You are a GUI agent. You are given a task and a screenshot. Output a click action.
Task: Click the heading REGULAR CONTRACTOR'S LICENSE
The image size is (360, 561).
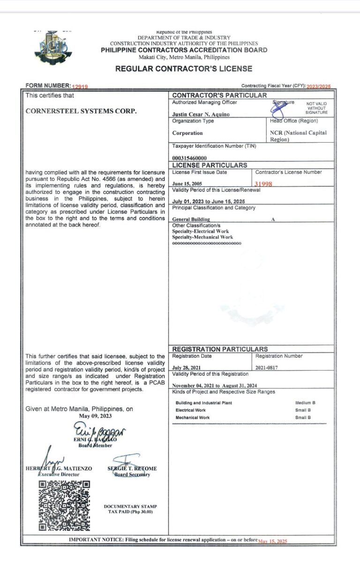[x=184, y=69]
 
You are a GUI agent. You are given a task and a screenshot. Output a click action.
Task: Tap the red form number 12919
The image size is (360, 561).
[x=80, y=86]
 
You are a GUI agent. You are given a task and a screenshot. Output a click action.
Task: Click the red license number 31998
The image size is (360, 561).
[x=263, y=184]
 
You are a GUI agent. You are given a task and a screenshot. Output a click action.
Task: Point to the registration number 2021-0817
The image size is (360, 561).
[x=267, y=367]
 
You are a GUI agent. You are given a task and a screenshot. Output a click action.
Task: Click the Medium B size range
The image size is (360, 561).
[x=305, y=403]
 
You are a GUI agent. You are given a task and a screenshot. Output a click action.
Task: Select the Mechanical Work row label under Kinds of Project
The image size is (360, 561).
[x=193, y=417]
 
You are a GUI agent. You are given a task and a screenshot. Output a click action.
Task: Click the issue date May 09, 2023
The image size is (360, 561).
[x=95, y=416]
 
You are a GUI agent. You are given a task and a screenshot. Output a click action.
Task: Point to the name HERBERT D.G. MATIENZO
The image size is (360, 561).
[x=59, y=469]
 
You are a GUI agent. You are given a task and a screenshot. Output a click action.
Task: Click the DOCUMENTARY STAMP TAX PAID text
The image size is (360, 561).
[x=130, y=509]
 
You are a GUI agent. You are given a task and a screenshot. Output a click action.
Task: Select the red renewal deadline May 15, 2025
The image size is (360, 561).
[x=272, y=541]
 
